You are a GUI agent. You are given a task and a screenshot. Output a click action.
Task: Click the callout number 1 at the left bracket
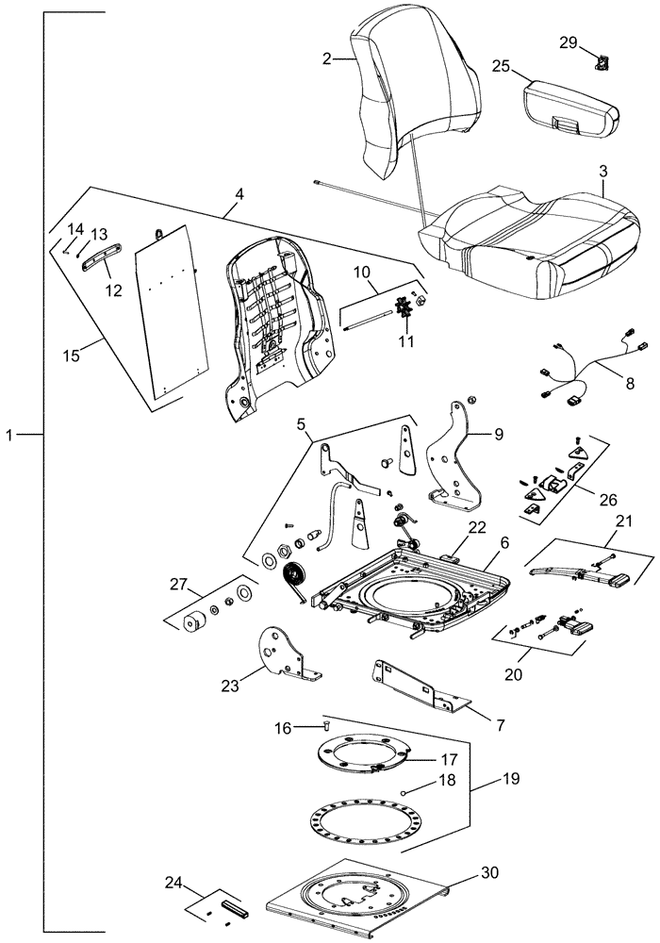10,435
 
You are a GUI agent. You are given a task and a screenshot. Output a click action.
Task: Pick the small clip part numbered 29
599,64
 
